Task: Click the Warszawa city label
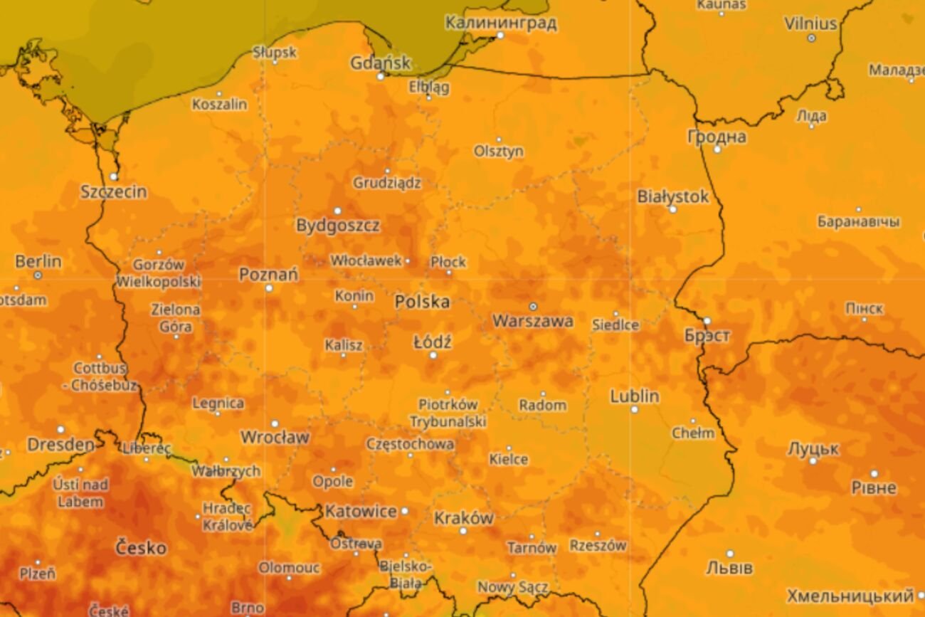[532, 322]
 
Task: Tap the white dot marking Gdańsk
[381, 76]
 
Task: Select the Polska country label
[422, 302]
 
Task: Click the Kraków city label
[463, 518]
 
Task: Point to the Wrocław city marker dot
[275, 423]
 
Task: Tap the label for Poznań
[268, 275]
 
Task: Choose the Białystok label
[672, 196]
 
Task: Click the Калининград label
[501, 23]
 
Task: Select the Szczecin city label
[114, 191]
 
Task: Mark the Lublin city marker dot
[634, 410]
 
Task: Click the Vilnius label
[810, 23]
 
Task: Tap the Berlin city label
[38, 261]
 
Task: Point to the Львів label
[729, 568]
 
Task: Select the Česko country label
[141, 548]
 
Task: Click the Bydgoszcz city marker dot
[337, 211]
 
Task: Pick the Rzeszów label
[598, 546]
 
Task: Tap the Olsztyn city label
[499, 152]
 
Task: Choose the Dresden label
[60, 445]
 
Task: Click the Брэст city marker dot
[707, 321]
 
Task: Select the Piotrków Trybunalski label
[448, 413]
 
